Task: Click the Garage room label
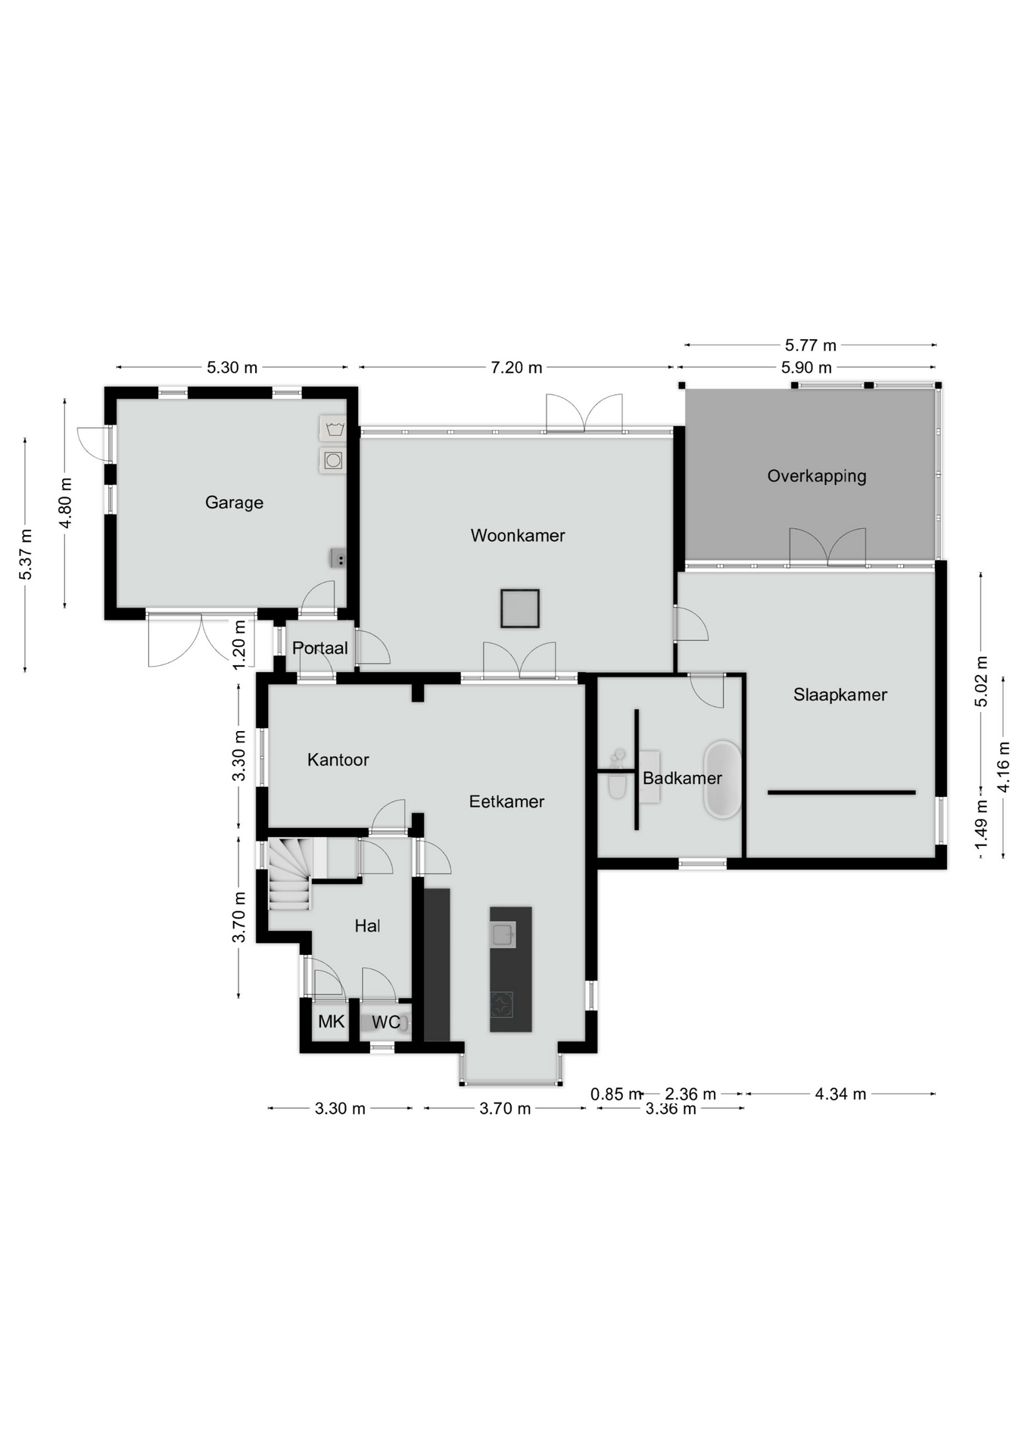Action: point(234,502)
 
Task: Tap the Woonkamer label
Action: point(518,536)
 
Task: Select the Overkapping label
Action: point(817,477)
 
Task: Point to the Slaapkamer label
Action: point(840,695)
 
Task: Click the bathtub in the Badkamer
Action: point(723,779)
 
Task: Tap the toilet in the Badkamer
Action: point(618,779)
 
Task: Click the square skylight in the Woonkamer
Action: point(519,608)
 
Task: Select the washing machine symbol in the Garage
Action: point(333,429)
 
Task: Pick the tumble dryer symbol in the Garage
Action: point(333,460)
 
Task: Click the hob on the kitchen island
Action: point(501,1004)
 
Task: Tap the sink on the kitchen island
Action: point(503,935)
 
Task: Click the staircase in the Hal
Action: point(290,873)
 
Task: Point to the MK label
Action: point(331,1022)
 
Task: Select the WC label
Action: point(386,1023)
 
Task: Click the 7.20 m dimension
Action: point(516,368)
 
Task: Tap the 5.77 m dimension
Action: point(811,346)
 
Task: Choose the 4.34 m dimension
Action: point(840,1094)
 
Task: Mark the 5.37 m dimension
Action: point(26,555)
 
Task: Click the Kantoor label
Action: point(338,760)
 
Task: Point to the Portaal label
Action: point(320,649)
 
